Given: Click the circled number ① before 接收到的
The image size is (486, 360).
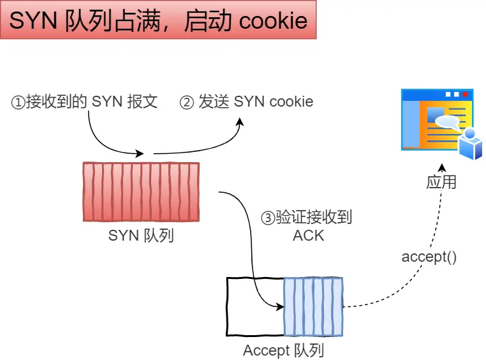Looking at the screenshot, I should [x=18, y=102].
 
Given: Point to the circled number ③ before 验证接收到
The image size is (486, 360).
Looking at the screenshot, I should [x=268, y=218].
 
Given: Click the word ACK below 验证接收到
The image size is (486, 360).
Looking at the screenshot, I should [x=308, y=235].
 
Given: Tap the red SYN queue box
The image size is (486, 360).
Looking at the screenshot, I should [x=141, y=191].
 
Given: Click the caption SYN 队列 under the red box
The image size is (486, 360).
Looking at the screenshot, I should [x=141, y=236].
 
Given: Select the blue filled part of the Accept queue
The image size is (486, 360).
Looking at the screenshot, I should [x=313, y=306].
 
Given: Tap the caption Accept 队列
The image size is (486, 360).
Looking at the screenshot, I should [x=283, y=350].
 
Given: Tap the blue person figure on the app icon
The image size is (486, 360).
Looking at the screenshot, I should [x=471, y=144].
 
